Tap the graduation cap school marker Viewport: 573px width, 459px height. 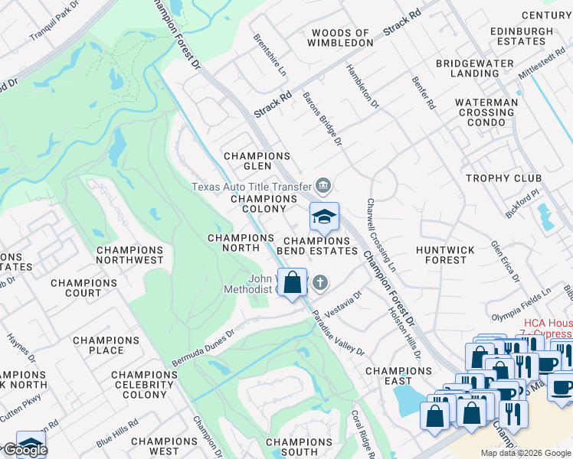click(x=323, y=216)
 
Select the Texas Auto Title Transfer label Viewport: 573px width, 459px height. click(x=251, y=187)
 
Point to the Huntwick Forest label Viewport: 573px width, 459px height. click(x=445, y=255)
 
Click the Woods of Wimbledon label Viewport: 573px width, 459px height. click(x=342, y=38)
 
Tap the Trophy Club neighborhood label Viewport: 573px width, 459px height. click(x=503, y=178)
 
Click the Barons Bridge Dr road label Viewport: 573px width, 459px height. click(x=323, y=119)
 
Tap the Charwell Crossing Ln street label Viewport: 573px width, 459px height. click(x=381, y=235)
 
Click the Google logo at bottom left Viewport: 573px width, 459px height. click(x=25, y=450)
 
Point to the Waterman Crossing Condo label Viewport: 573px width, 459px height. click(x=496, y=112)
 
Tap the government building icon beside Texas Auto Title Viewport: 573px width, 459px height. click(x=323, y=185)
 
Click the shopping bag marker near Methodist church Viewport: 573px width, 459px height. click(x=292, y=282)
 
